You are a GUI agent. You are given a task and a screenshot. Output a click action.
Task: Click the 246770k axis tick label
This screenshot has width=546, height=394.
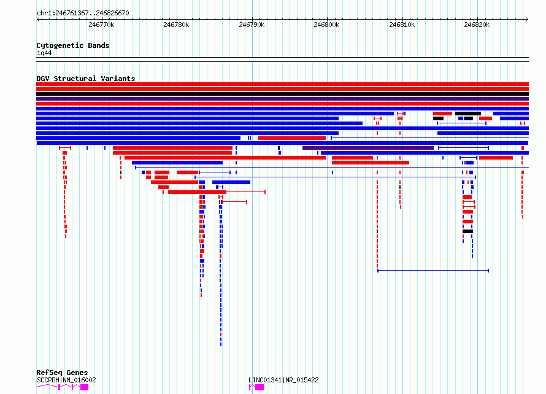click(x=101, y=25)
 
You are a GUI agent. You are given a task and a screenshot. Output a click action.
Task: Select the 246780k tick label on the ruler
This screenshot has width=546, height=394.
click(x=176, y=25)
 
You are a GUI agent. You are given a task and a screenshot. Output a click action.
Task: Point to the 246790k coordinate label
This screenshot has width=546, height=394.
click(x=252, y=25)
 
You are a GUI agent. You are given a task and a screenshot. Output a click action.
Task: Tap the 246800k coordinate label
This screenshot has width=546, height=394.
click(x=326, y=25)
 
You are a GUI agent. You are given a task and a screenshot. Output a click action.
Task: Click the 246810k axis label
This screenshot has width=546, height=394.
click(x=402, y=25)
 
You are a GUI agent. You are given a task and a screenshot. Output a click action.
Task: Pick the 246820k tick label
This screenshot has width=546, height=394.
click(x=477, y=25)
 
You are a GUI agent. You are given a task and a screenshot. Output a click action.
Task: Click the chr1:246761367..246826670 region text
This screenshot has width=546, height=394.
click(x=83, y=14)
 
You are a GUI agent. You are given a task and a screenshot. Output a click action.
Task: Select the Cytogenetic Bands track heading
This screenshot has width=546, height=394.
click(x=73, y=45)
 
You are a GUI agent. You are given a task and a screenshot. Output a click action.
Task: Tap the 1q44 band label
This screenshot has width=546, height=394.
click(x=44, y=53)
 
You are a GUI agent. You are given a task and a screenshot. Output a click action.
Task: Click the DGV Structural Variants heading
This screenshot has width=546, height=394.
click(x=86, y=79)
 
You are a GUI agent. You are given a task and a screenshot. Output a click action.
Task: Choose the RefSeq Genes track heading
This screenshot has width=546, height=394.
click(x=62, y=373)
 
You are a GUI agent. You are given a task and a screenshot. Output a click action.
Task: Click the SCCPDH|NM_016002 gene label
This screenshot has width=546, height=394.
click(x=66, y=380)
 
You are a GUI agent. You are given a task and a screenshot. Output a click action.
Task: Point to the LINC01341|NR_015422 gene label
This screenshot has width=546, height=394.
click(x=283, y=380)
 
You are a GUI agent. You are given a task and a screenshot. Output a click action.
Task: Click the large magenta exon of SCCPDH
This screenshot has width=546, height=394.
click(x=84, y=387)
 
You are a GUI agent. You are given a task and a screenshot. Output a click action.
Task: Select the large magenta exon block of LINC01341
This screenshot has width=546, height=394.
click(x=260, y=387)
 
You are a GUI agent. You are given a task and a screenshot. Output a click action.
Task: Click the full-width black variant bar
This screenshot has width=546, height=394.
click(x=282, y=94)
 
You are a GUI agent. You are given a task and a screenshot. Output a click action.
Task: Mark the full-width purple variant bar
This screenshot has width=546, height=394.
click(x=282, y=99)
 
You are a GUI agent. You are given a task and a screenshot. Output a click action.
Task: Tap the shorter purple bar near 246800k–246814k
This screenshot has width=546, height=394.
click(x=368, y=148)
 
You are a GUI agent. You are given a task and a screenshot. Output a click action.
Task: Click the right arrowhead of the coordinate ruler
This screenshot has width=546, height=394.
click(x=527, y=20)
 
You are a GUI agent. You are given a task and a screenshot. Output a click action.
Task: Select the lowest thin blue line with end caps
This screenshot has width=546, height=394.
click(x=433, y=270)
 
